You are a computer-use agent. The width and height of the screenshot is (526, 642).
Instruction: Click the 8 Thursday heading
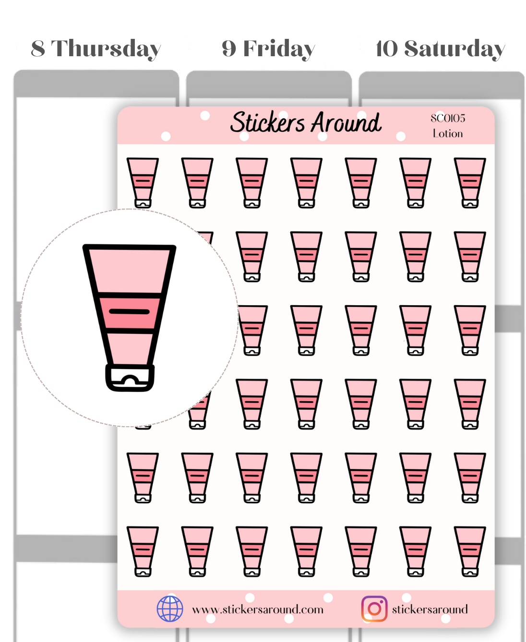point(96,49)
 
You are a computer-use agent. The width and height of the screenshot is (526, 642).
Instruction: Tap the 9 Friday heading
point(268,49)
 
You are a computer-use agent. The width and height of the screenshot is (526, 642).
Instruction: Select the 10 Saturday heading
point(440,49)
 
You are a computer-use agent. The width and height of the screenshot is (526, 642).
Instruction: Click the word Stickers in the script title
point(267,123)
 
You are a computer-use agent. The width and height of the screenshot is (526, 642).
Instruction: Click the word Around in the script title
point(346,123)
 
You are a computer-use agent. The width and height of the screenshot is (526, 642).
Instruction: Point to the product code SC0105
point(448,118)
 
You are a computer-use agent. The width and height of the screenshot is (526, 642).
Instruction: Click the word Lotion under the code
point(448,133)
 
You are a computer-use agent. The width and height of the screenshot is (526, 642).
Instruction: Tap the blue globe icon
point(170,609)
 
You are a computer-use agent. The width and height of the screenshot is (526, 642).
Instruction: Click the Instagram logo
point(374,609)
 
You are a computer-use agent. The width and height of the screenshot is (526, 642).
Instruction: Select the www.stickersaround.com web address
point(258,609)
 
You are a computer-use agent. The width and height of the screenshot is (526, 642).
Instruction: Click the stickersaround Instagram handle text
point(430,609)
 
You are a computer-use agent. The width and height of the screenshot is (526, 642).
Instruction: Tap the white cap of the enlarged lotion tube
point(130,378)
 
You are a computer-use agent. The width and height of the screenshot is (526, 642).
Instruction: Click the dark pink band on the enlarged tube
point(130,313)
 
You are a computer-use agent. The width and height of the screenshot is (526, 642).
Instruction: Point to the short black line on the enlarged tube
point(129,311)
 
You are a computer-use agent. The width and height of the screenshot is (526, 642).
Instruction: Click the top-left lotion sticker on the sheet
point(143,183)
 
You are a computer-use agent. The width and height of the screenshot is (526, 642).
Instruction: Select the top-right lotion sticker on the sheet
point(470,183)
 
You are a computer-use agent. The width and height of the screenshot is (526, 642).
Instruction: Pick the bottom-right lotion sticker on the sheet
point(470,552)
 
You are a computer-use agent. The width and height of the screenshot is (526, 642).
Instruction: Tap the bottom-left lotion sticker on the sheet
point(143,552)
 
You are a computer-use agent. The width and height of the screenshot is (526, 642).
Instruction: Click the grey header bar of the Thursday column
point(96,84)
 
